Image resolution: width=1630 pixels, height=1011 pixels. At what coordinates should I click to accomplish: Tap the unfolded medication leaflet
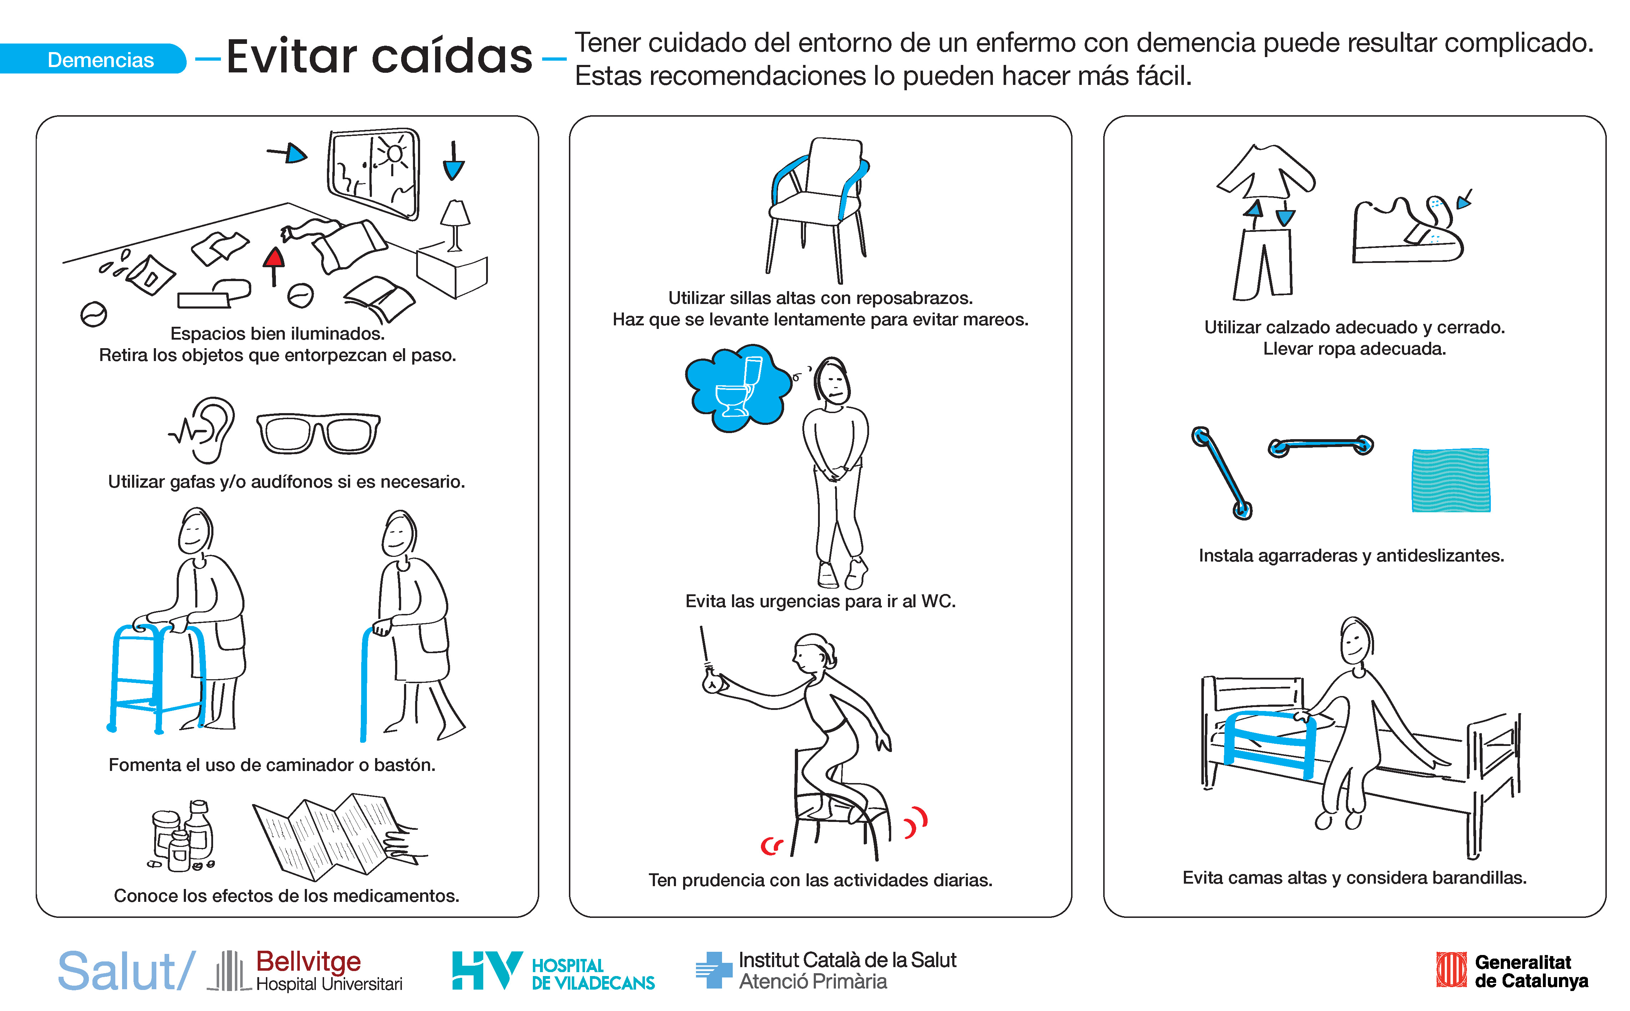[338, 836]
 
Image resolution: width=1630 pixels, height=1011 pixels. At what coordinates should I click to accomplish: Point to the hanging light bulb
[710, 680]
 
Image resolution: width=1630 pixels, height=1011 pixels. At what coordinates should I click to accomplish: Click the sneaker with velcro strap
[1408, 231]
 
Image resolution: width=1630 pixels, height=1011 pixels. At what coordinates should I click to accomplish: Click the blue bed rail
[1269, 744]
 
